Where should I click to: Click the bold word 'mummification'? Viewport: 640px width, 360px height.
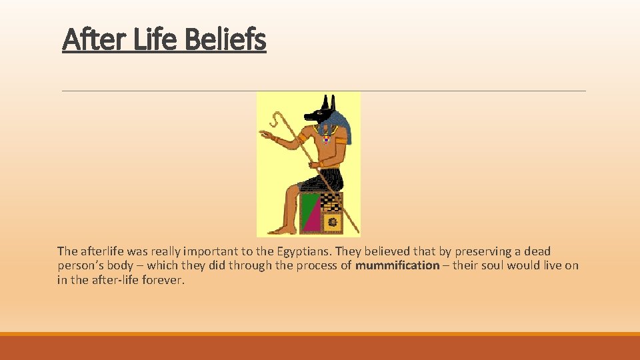(x=397, y=265)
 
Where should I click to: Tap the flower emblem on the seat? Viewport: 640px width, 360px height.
(x=331, y=221)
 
